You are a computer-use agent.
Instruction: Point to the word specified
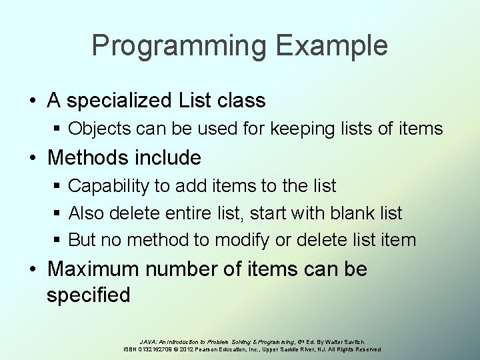[x=88, y=294]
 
